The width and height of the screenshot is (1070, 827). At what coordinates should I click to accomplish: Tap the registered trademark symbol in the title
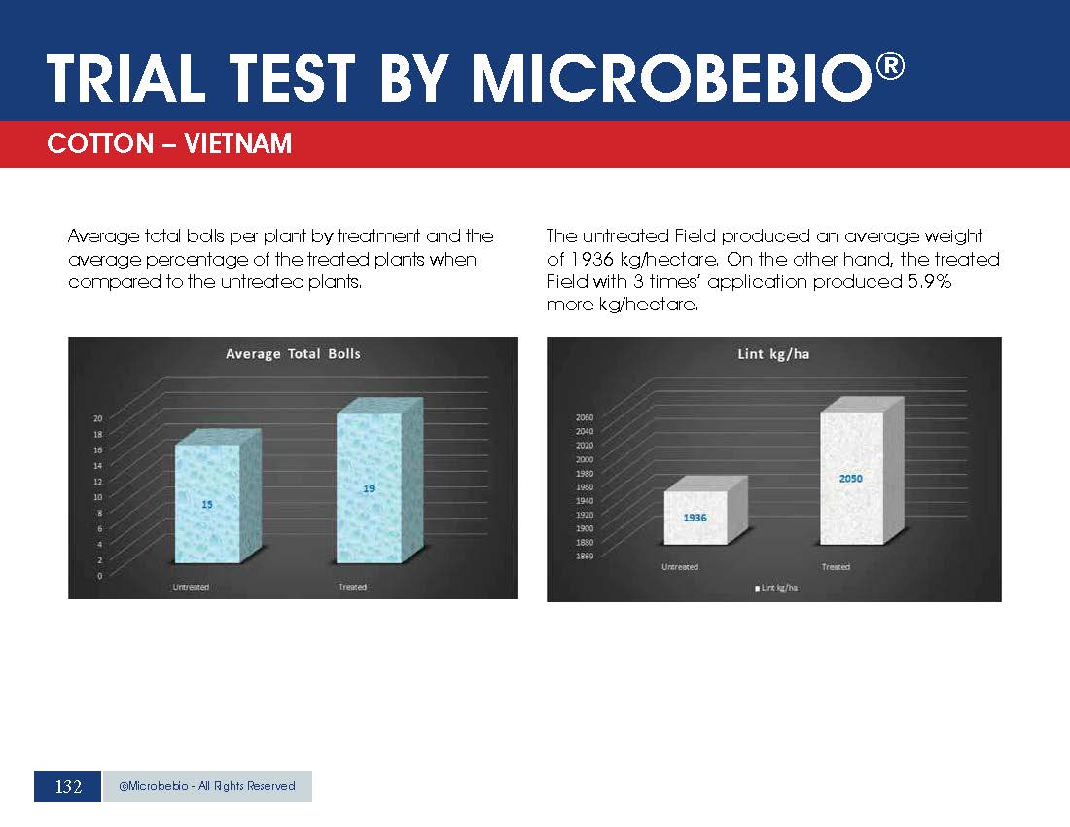click(890, 66)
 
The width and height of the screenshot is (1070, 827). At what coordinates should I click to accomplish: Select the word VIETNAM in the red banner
click(238, 143)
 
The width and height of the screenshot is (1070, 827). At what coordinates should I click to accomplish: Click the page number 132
click(68, 787)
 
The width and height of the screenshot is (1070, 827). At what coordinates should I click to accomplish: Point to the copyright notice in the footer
click(207, 786)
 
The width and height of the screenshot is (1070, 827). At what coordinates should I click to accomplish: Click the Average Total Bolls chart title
click(293, 353)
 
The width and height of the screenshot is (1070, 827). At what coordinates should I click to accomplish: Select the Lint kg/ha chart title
click(773, 353)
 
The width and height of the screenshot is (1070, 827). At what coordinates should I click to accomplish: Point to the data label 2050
click(850, 479)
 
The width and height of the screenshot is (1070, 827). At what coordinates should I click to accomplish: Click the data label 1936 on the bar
click(695, 518)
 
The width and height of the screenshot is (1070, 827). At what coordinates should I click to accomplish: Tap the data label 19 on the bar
click(369, 488)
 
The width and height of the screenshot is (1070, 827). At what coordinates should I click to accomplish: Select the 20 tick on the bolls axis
click(97, 418)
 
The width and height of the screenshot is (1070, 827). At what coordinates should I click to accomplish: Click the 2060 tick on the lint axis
click(585, 417)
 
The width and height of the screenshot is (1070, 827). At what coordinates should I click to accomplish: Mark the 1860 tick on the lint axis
click(585, 556)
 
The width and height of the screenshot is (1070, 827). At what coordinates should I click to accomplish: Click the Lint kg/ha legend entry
click(776, 588)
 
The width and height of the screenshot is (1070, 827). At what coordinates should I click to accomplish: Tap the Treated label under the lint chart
click(836, 567)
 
